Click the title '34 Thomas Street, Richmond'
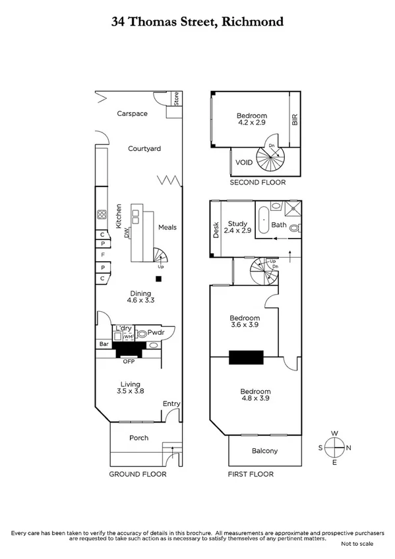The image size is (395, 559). coord(197,22)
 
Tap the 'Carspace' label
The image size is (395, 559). coord(133,113)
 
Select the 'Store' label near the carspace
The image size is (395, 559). coord(177,99)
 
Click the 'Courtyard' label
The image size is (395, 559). coord(144,149)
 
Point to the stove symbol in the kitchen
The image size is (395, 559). coord(102,214)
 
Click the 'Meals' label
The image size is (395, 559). coord(167,227)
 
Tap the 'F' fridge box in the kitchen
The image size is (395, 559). coord(102,255)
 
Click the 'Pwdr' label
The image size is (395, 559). coord(156,334)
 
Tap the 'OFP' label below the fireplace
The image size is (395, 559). coord(128,361)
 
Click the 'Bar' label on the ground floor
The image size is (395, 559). coord(103,344)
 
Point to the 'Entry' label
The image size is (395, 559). coord(171,404)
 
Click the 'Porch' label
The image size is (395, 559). coord(138,438)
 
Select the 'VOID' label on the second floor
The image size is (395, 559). coord(244,162)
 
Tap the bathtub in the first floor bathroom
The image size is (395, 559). coord(262,221)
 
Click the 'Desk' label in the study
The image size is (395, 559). coord(215,229)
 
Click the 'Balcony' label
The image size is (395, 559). coord(265,451)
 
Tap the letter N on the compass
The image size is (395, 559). coord(348,448)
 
